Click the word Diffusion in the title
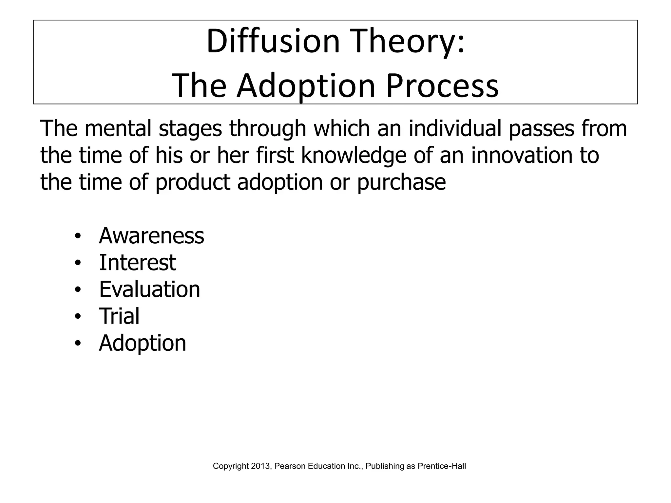coord(273,42)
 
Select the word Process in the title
coord(442,86)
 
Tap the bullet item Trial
coord(119,316)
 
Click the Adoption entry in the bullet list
coord(143,343)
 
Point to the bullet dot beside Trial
coord(77,317)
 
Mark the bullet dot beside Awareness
coord(77,236)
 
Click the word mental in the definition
coord(118,128)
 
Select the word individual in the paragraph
coord(455,128)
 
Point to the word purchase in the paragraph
coord(401,182)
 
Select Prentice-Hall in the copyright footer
coord(442,466)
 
